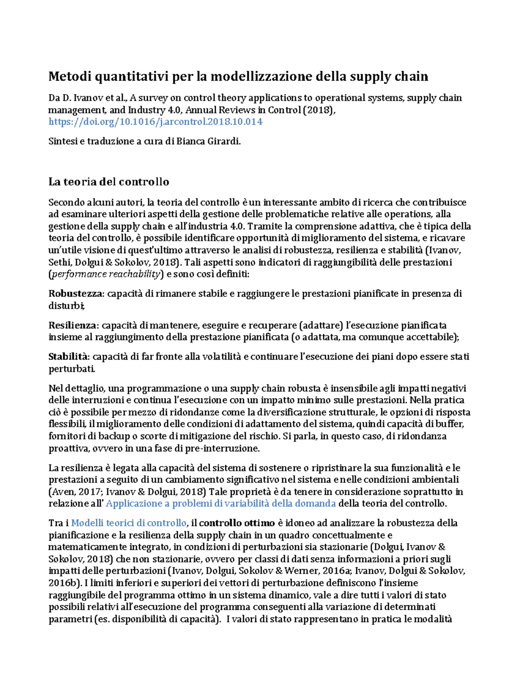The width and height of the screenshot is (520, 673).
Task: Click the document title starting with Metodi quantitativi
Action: [238, 77]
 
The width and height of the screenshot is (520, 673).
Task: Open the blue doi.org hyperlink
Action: [155, 122]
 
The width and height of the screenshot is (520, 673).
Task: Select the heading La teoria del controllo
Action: [108, 182]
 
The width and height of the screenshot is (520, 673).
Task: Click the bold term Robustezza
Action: [76, 294]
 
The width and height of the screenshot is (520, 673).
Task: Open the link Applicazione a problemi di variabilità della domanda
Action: [221, 504]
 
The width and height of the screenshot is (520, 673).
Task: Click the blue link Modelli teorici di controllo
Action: [129, 523]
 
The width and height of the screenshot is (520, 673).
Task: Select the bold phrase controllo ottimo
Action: [237, 523]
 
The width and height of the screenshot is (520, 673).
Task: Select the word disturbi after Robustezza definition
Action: [66, 306]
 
